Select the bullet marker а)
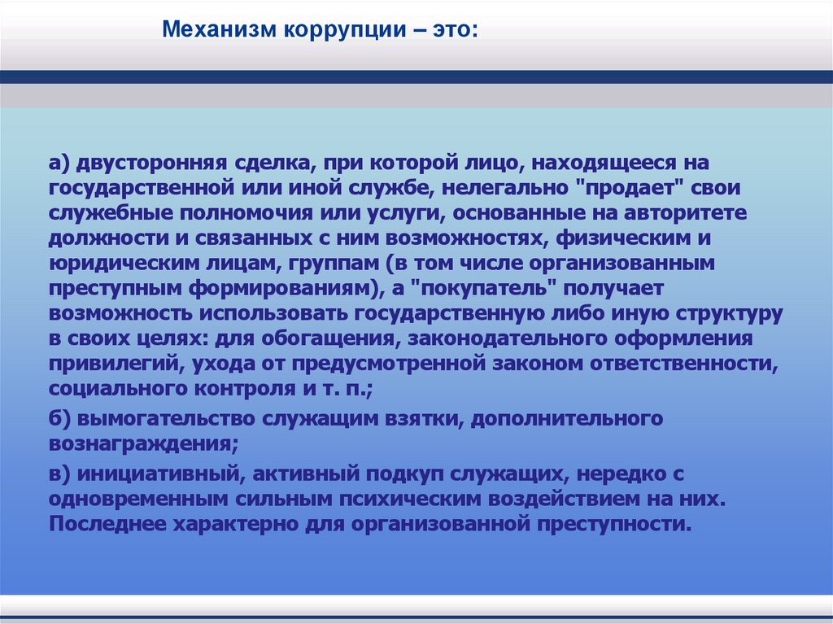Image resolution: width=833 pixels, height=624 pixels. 60,164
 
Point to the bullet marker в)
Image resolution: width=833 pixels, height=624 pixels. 60,473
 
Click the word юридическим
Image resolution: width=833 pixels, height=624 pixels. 122,264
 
